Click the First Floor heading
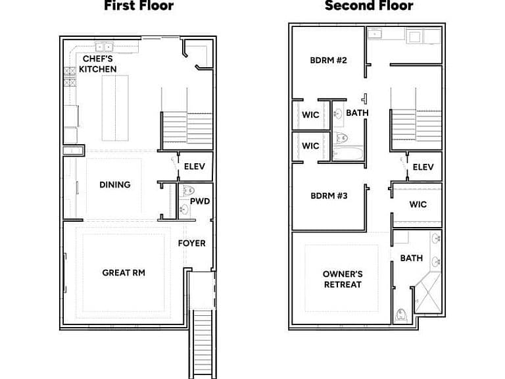click(x=139, y=5)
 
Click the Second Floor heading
click(x=369, y=5)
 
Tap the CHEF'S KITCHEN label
click(x=98, y=64)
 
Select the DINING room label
click(x=115, y=185)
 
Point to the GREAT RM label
click(x=124, y=272)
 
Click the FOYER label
click(x=191, y=243)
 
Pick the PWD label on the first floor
click(x=200, y=201)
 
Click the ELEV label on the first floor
click(x=195, y=166)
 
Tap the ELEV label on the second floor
click(x=423, y=167)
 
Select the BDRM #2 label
click(x=329, y=61)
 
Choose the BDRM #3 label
click(x=329, y=195)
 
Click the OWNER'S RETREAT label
click(x=343, y=279)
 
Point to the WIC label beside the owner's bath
click(x=418, y=204)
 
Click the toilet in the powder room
click(x=187, y=190)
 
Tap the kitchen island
click(x=115, y=108)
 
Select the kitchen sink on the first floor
click(x=105, y=47)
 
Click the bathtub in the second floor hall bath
click(x=347, y=154)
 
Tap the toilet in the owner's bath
click(x=401, y=315)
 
